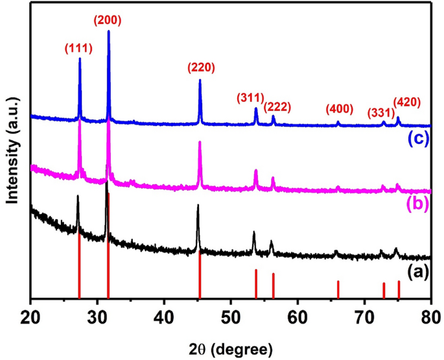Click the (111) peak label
(79, 48)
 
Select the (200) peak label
(108, 20)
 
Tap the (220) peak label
(201, 67)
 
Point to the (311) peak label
(250, 98)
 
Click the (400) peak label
(339, 108)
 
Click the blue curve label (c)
(418, 139)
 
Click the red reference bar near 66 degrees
(338, 290)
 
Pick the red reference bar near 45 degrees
(200, 276)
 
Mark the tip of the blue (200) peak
(108, 31)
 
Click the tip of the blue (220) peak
(200, 80)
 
